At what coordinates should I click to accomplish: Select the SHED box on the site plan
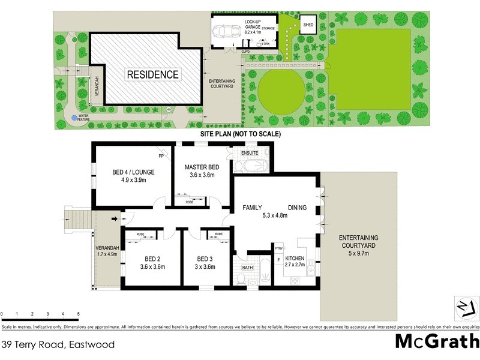point(308,25)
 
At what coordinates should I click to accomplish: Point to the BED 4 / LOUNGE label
point(133,172)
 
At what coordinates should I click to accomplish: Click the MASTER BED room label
point(201,166)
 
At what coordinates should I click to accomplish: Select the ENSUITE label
point(249,154)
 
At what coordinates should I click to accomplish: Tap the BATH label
point(247,268)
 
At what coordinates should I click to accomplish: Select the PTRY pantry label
point(278,247)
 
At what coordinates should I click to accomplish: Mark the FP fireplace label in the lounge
point(161,156)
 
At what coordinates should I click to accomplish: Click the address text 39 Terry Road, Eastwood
point(58,344)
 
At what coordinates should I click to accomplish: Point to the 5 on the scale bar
point(78,314)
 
